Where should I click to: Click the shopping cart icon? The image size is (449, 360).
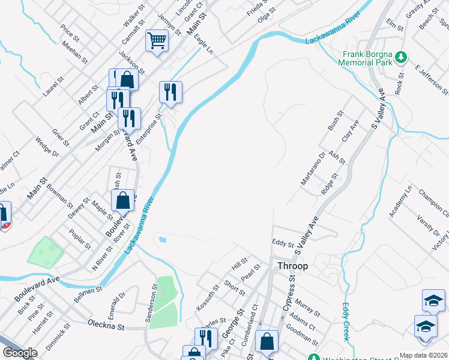[x=157, y=41]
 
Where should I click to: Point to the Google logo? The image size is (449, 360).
[x=20, y=353]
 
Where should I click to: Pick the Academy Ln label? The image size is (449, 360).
[x=400, y=201]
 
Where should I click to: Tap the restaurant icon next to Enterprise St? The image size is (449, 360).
[x=170, y=92]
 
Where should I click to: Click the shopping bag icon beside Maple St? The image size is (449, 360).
[x=122, y=200]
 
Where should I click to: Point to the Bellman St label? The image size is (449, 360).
[x=88, y=293]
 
